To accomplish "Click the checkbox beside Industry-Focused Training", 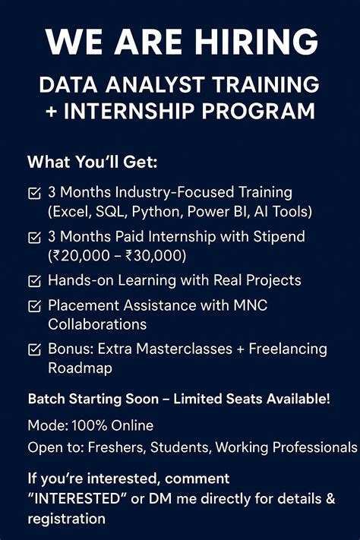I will point(34,193).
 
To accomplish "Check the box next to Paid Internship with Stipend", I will point(34,237).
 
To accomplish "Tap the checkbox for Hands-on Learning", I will point(34,281).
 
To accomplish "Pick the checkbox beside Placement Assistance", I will point(34,306).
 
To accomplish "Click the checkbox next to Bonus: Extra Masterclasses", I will point(34,349).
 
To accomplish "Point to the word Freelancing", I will point(286,349).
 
